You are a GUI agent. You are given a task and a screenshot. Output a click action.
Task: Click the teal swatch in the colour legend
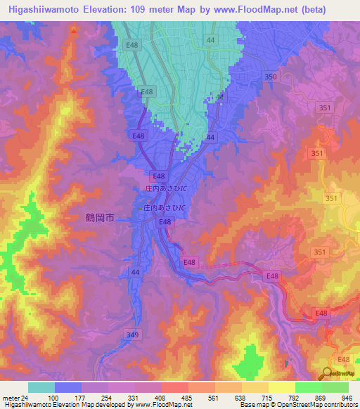[x=41, y=387]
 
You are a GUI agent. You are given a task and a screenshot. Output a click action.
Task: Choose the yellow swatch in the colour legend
[x=281, y=387]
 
